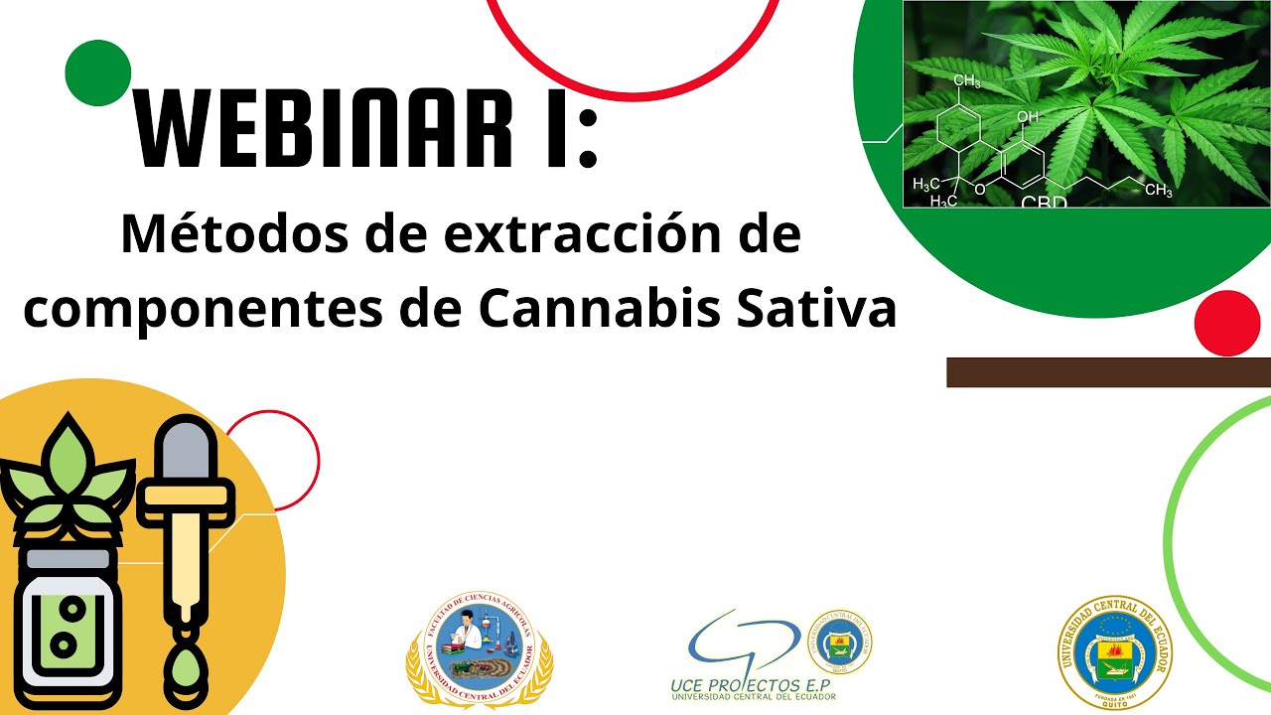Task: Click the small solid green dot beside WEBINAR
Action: click(x=98, y=72)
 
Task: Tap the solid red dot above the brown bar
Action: click(x=1226, y=323)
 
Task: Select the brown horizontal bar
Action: click(x=1108, y=372)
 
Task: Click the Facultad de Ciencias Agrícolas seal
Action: click(x=480, y=647)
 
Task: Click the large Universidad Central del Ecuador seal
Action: click(x=1117, y=652)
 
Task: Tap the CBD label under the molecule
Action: click(x=1044, y=202)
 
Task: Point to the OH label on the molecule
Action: click(x=1027, y=117)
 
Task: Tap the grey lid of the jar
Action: click(x=68, y=559)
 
